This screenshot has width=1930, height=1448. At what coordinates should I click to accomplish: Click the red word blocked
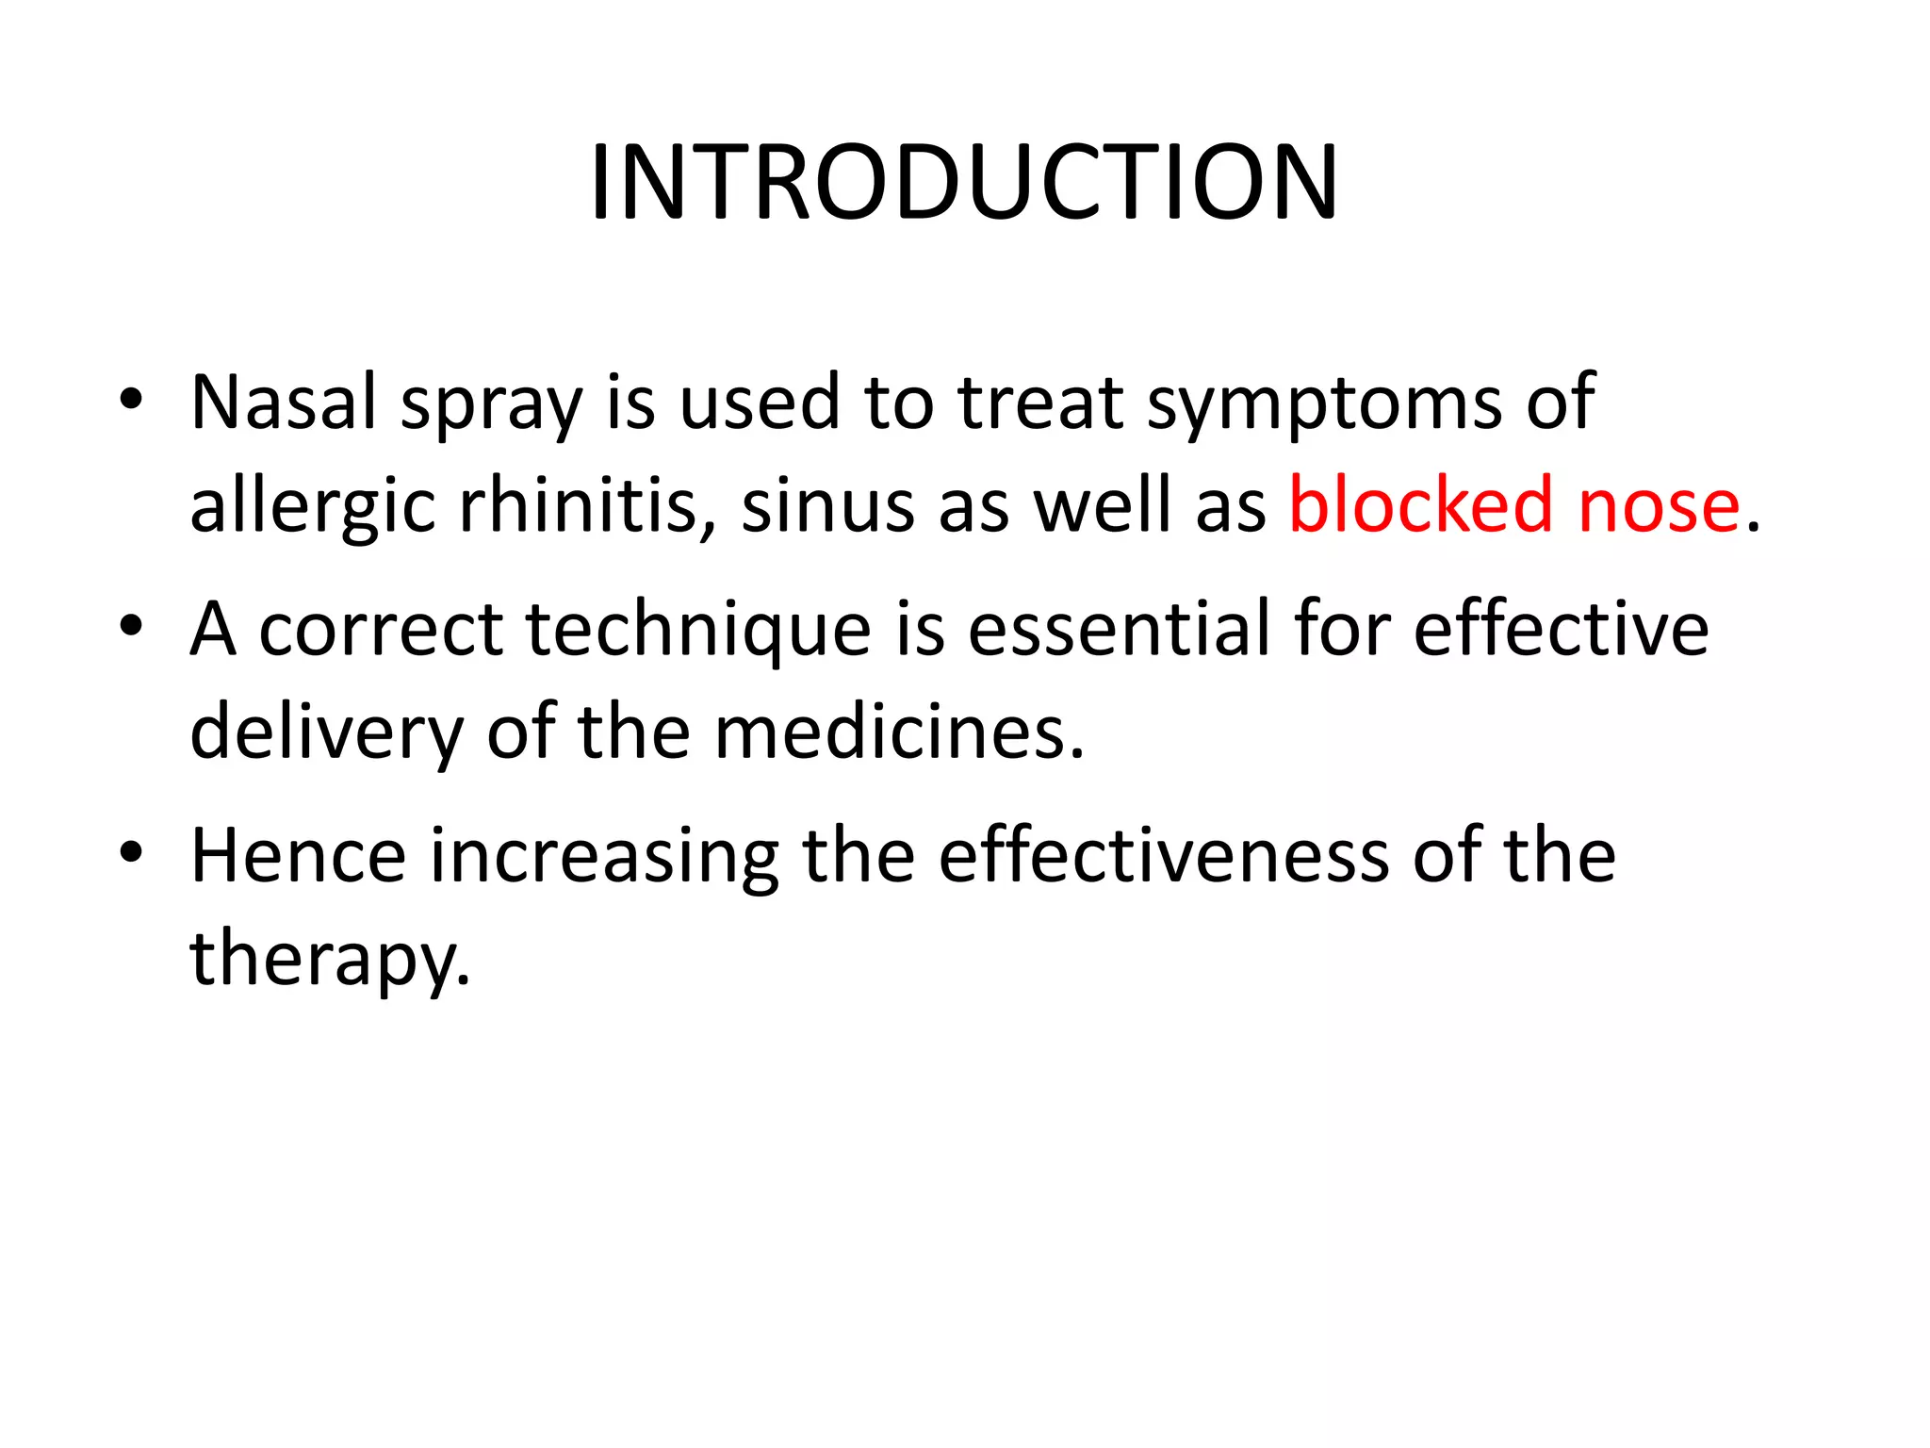tap(1420, 505)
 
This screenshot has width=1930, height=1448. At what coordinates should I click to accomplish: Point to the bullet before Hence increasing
tap(131, 852)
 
